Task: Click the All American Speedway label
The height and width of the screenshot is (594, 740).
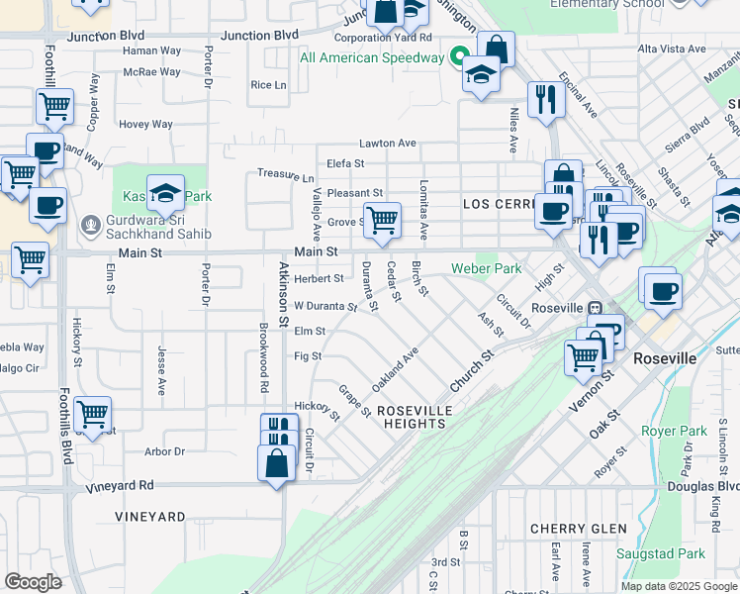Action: coord(372,57)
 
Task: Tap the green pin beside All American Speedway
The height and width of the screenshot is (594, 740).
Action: coord(459,56)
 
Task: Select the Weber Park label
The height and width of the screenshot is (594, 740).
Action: coord(486,268)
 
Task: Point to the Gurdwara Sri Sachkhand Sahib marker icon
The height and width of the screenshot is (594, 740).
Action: coord(91,223)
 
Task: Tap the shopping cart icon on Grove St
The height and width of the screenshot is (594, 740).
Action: coord(382,219)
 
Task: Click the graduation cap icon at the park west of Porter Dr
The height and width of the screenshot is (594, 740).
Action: coord(165,191)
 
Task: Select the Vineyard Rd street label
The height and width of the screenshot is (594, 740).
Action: coord(120,485)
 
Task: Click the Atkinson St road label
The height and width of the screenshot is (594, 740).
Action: coord(283,295)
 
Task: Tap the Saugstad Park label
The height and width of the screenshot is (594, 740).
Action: coord(655,553)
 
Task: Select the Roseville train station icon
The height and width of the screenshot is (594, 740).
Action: coord(595,307)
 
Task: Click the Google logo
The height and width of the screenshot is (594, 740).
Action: coord(33,581)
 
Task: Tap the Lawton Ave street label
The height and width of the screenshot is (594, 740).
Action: coord(387,144)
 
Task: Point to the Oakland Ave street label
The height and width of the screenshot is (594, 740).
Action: coord(395,367)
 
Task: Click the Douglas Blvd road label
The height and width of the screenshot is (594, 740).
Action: coord(711,486)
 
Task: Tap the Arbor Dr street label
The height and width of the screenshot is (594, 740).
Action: coord(164,451)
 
